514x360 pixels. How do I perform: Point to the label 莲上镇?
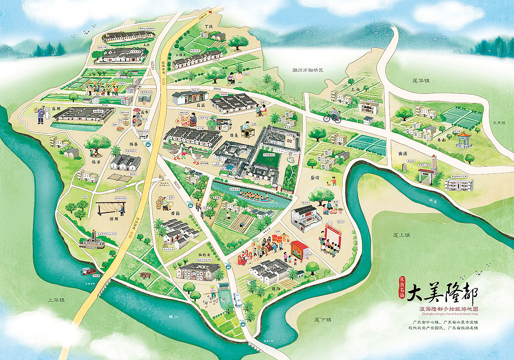(401, 235)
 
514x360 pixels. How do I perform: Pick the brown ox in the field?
(145, 275)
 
